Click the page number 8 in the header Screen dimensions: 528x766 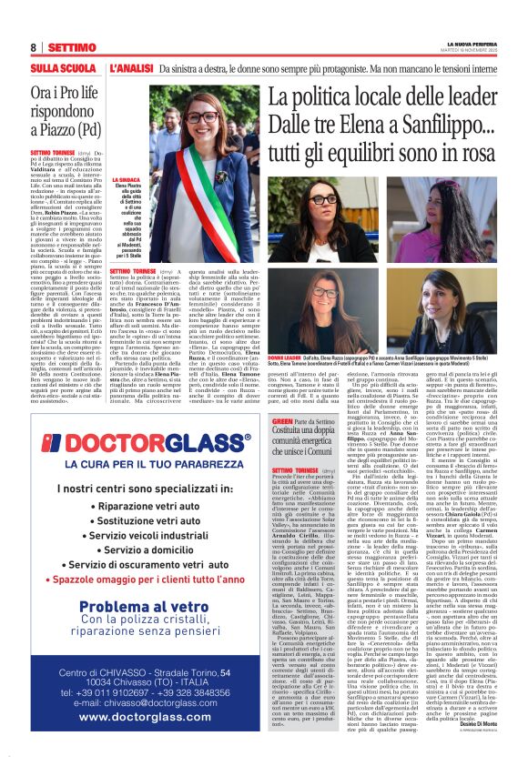(x=33, y=46)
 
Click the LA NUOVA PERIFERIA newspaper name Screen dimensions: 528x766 (x=472, y=43)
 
